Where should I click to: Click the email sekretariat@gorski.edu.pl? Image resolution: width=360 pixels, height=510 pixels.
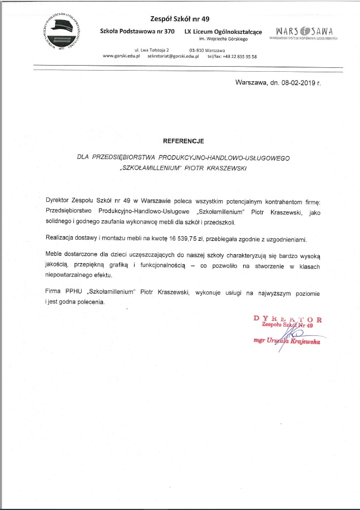pyautogui.click(x=173, y=57)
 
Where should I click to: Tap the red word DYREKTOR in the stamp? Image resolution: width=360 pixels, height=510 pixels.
pyautogui.click(x=287, y=319)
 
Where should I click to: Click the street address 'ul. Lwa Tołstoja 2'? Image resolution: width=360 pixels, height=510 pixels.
pyautogui.click(x=140, y=50)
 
